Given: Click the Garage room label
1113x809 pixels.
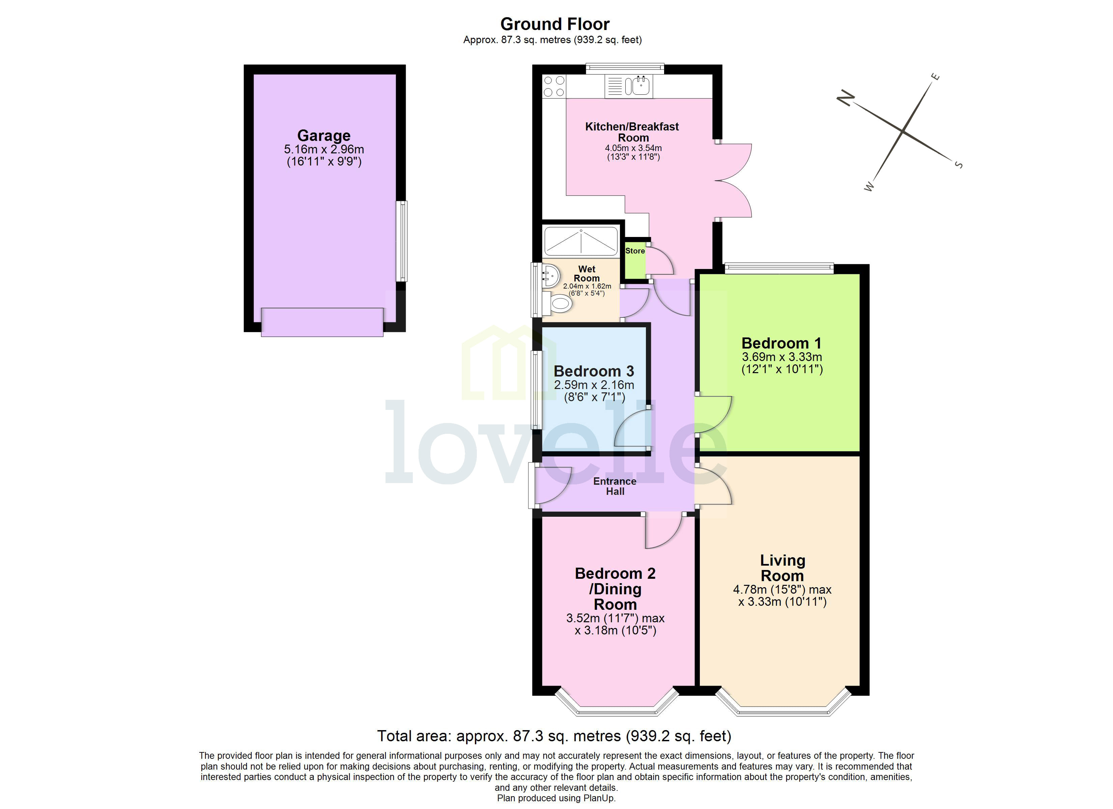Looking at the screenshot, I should coord(324,136).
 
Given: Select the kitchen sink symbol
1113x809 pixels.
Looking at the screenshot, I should coord(640,86).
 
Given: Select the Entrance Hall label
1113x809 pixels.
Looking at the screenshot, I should coord(615,486).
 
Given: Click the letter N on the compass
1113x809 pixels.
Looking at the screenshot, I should coord(846,98).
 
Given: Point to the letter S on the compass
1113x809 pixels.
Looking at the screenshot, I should coord(959,165).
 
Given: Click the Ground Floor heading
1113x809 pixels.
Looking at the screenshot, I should coord(554,24).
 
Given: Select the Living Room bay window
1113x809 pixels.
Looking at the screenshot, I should coord(783,710).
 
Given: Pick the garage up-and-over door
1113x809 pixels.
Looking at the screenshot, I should coord(322,322).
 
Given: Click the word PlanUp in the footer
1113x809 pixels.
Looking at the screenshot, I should coord(598,798).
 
